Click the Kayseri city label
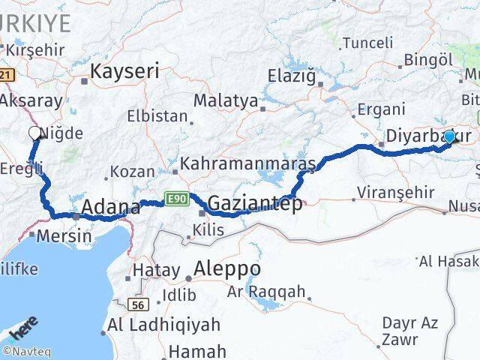point(125,71)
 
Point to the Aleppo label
point(227,268)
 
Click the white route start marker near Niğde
point(34,133)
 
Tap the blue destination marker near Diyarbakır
point(449,137)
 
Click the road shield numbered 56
point(139,304)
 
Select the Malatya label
point(226,100)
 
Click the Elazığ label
point(294,75)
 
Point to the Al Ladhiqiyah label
point(164,325)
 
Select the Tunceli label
point(367,43)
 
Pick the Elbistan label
point(157,116)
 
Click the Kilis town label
point(208,230)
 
